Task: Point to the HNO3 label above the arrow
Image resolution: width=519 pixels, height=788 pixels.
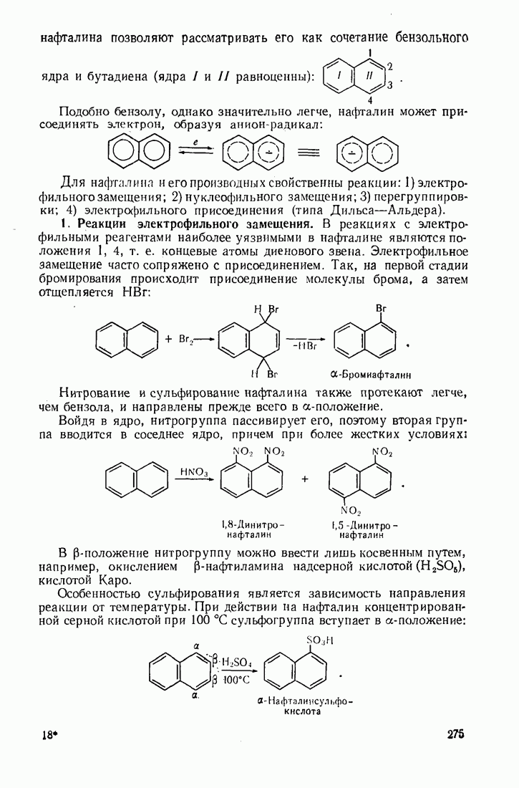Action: pyautogui.click(x=194, y=471)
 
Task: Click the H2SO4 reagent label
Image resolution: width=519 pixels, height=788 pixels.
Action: pyautogui.click(x=232, y=661)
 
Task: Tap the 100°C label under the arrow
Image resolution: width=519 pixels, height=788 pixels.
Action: pyautogui.click(x=234, y=680)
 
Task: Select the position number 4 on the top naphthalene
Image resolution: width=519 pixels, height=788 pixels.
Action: pyautogui.click(x=370, y=100)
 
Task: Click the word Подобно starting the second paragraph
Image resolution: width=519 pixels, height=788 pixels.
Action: pyautogui.click(x=83, y=112)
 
